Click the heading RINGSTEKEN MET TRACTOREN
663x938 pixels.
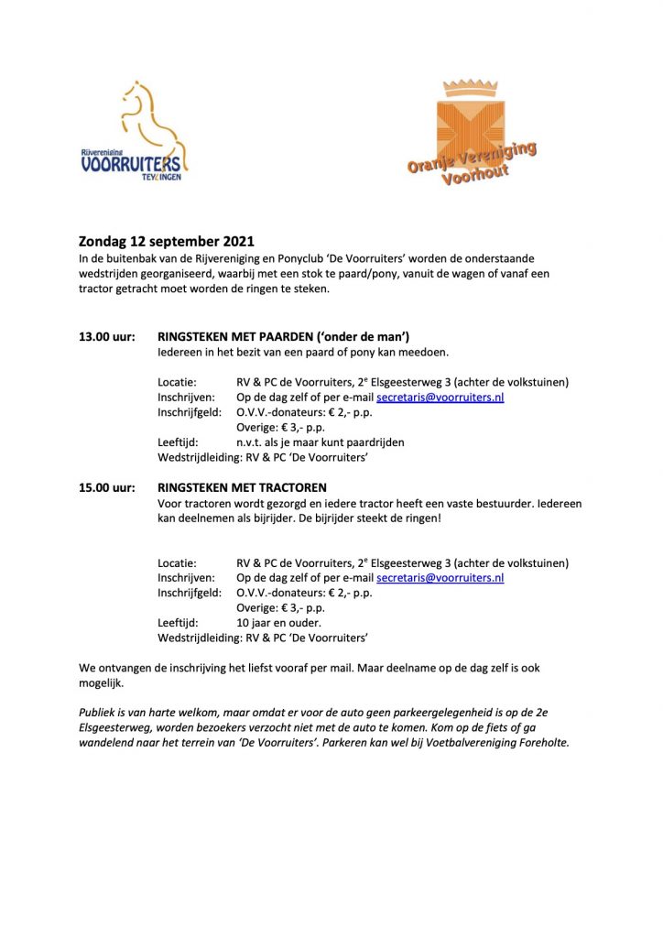[242, 487]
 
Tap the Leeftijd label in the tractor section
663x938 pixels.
[179, 621]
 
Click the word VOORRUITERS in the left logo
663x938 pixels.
[133, 165]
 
